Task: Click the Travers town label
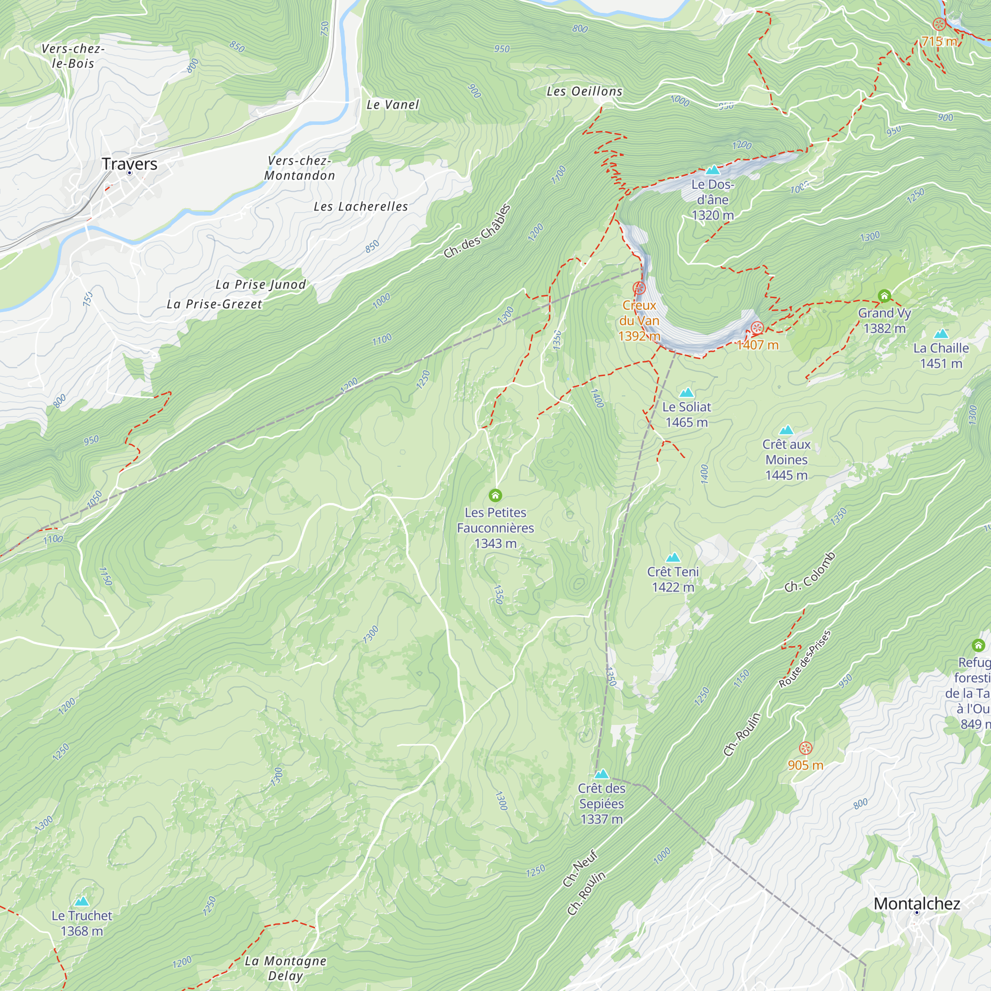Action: pyautogui.click(x=129, y=164)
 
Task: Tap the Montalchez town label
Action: pyautogui.click(x=917, y=903)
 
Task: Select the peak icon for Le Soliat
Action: pyautogui.click(x=686, y=393)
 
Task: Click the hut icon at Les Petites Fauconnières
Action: pyautogui.click(x=495, y=495)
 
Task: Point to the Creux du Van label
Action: pyautogui.click(x=639, y=320)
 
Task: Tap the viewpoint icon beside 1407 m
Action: pyautogui.click(x=757, y=328)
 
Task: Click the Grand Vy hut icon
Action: pyautogui.click(x=884, y=296)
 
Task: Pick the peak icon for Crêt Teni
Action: pyautogui.click(x=673, y=557)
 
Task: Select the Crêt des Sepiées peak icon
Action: pyautogui.click(x=601, y=774)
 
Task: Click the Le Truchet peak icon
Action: pyautogui.click(x=82, y=901)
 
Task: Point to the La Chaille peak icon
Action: pyautogui.click(x=941, y=334)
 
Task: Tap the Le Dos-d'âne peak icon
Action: pyautogui.click(x=713, y=170)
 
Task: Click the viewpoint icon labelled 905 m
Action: pyautogui.click(x=806, y=748)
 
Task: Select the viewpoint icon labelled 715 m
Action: pyautogui.click(x=938, y=24)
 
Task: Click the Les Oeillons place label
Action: pyautogui.click(x=584, y=91)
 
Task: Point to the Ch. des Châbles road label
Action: pyautogui.click(x=477, y=231)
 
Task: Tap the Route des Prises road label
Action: pyautogui.click(x=804, y=659)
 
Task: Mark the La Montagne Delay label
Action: pyautogui.click(x=285, y=968)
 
